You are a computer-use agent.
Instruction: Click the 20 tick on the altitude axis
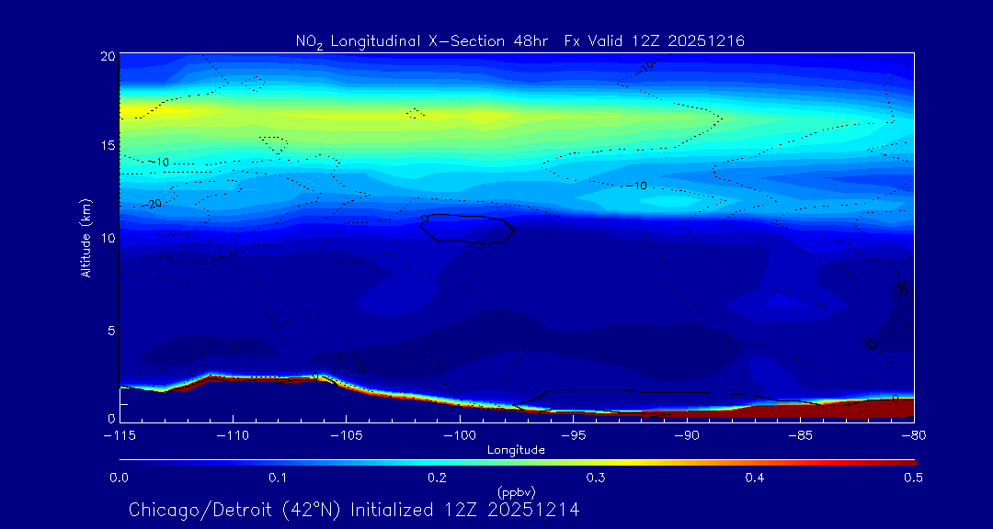[x=106, y=56]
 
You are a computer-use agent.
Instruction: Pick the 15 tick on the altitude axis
[x=106, y=146]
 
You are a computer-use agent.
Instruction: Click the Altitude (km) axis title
[x=86, y=238]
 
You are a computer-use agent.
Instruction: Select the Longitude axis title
[x=516, y=450]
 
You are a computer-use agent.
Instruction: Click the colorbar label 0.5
[x=913, y=478]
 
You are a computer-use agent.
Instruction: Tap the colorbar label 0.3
[x=596, y=478]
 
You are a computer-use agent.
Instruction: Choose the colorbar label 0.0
[x=120, y=478]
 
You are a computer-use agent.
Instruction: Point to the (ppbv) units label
[x=516, y=491]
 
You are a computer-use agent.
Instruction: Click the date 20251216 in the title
[x=708, y=40]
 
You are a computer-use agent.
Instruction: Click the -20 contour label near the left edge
[x=153, y=203]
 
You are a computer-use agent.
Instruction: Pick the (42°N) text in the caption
[x=310, y=510]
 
